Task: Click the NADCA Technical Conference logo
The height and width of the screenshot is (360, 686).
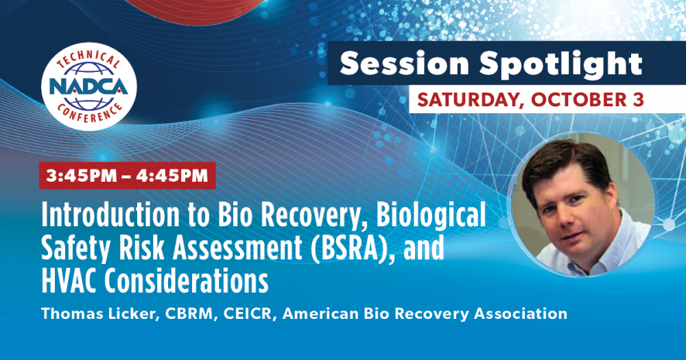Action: coord(88,86)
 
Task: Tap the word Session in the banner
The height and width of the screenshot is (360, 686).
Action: coord(404,63)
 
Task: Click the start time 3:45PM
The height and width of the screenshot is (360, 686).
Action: coord(82,176)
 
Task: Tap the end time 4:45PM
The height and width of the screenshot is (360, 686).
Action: coord(171,176)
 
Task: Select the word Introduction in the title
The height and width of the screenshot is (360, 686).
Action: coord(110,215)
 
